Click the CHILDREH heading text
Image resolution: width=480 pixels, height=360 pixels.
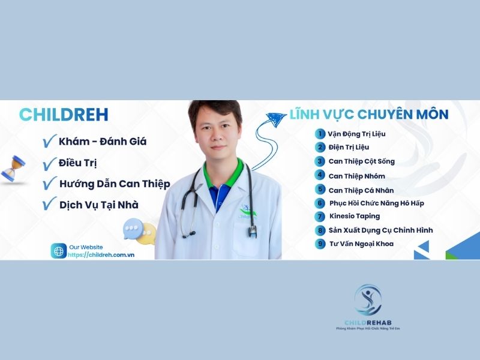(64, 115)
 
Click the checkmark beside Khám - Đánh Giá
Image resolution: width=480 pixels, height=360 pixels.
(49, 142)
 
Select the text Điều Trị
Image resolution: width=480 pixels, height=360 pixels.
(78, 163)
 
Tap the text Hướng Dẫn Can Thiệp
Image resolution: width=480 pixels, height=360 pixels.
(115, 184)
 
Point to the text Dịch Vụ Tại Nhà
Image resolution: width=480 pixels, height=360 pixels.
(98, 205)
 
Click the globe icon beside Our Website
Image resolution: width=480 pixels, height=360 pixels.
(59, 251)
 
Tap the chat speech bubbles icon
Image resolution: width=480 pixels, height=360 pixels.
(139, 230)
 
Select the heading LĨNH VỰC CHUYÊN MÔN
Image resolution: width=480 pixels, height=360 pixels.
(369, 114)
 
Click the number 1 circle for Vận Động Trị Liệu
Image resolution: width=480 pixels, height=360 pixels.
(321, 134)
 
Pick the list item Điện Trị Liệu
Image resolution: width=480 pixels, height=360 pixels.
(349, 147)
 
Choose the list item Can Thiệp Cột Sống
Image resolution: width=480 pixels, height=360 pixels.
(361, 161)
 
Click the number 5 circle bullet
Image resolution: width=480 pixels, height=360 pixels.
(321, 189)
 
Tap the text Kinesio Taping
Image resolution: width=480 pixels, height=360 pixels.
(355, 216)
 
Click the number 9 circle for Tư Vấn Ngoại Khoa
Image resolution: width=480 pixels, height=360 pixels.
(321, 244)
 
